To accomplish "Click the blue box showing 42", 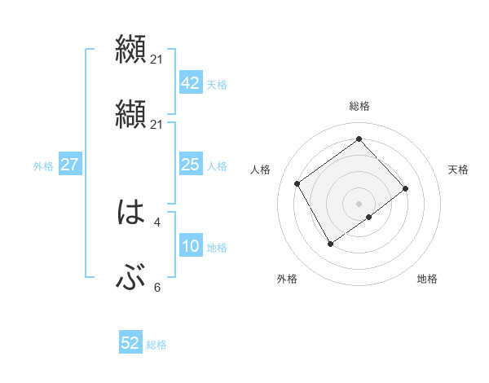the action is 190,83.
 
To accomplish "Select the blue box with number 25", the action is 190,165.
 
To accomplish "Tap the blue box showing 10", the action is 190,247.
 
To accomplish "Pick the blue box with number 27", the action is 69,165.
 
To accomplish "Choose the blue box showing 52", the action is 130,343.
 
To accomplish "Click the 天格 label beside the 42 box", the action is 217,85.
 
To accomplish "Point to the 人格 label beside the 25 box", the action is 217,166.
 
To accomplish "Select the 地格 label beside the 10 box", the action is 217,248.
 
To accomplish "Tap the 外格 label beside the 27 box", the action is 43,166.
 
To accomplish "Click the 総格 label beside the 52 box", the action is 156,345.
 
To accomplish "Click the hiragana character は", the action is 130,214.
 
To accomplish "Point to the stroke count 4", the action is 157,221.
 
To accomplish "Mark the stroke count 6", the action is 157,287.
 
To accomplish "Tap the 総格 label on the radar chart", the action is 359,106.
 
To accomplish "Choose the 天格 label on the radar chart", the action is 459,169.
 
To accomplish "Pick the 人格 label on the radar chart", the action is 261,169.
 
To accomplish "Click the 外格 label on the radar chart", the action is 287,280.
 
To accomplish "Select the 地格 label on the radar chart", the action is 427,280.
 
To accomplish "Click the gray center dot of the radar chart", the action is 359,202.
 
